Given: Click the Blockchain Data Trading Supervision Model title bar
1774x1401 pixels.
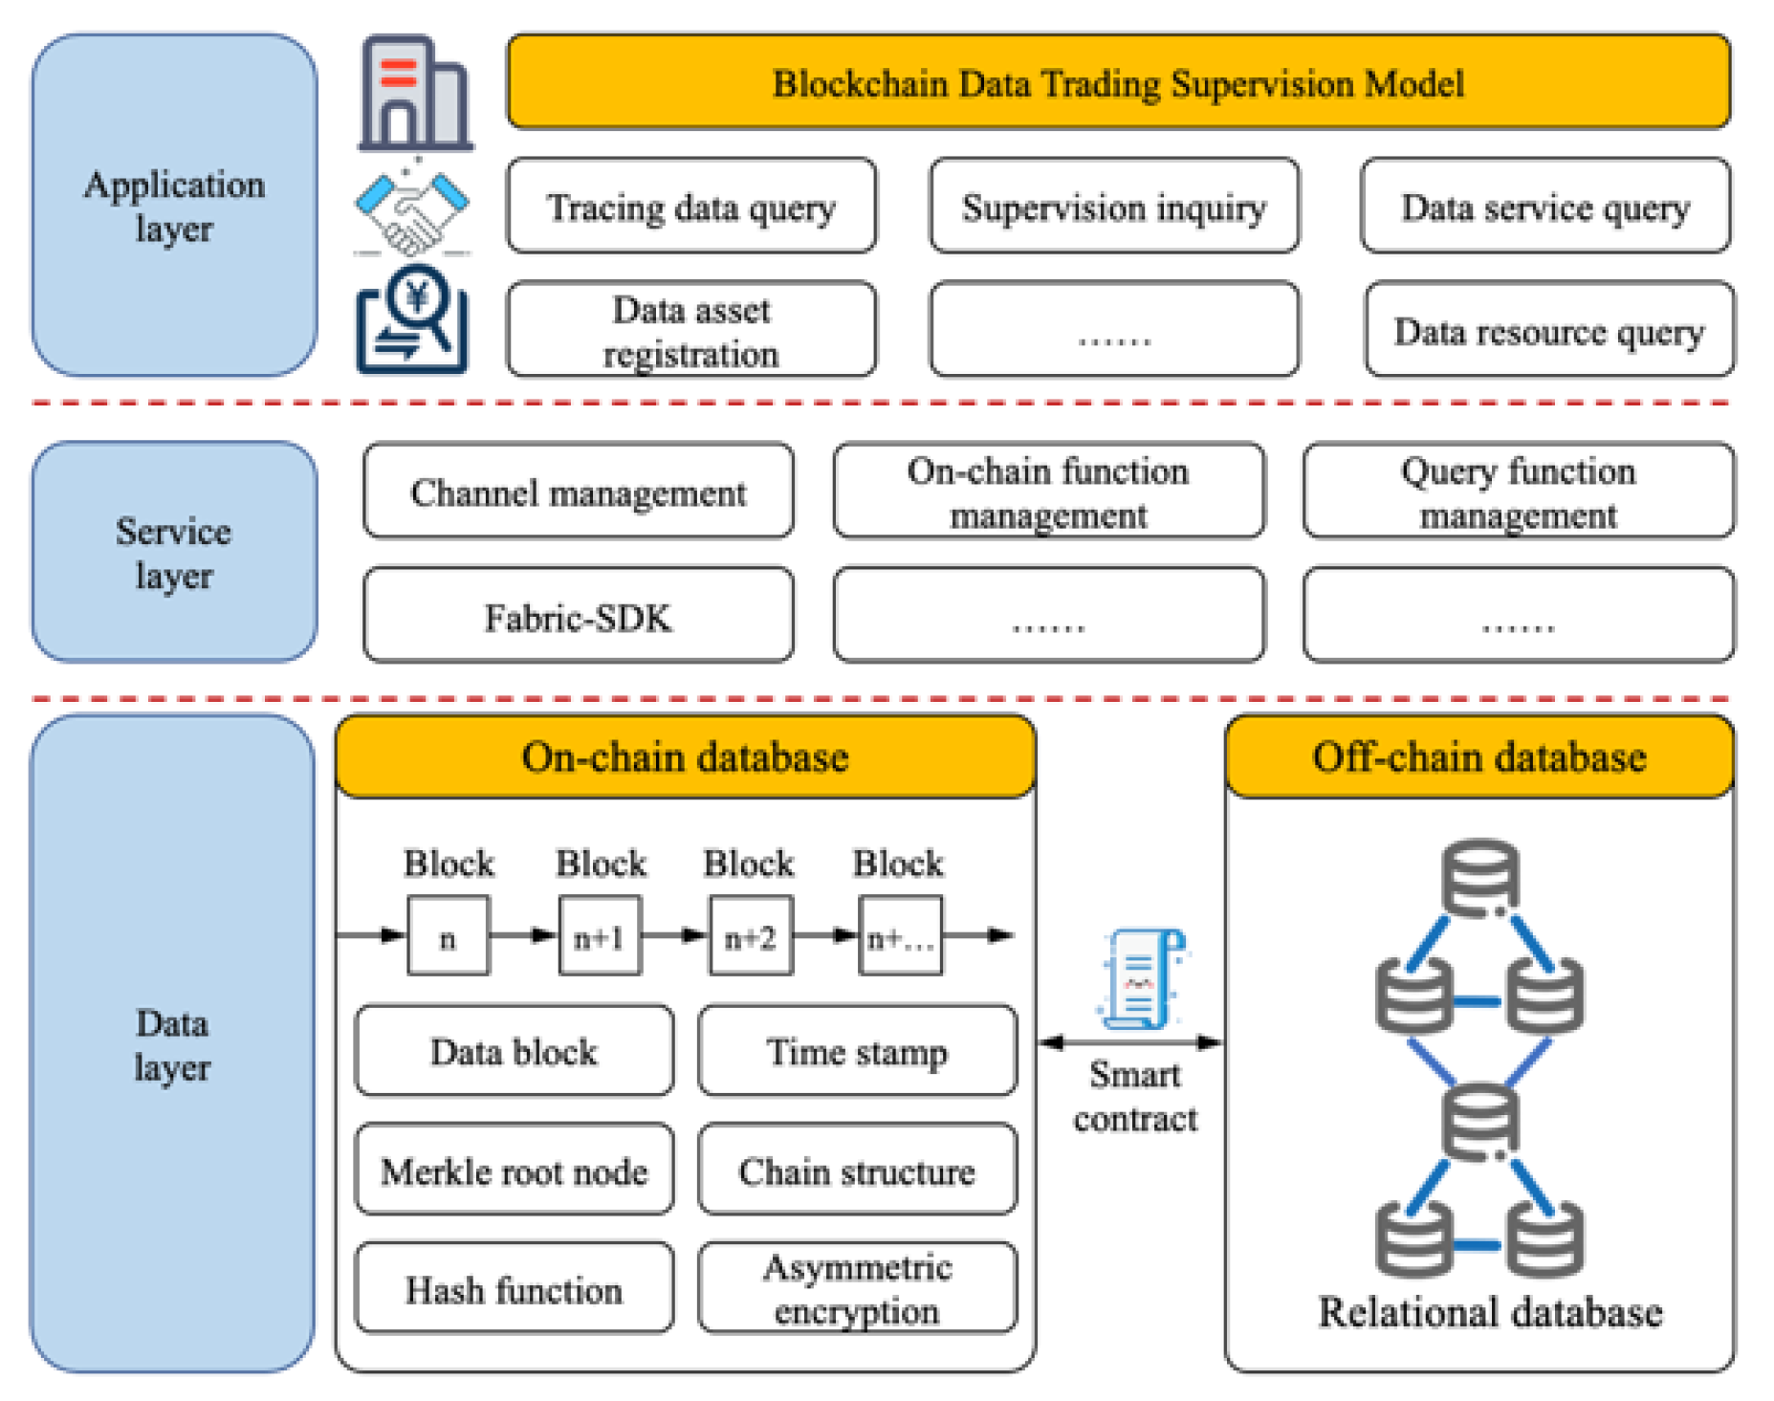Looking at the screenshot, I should (x=1117, y=82).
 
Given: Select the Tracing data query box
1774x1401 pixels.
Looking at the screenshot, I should (x=690, y=207).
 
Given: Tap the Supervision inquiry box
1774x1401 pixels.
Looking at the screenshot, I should (x=1113, y=207).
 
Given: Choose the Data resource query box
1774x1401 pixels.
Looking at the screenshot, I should (x=1548, y=330).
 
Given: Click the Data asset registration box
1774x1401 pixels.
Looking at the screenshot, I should (x=690, y=330).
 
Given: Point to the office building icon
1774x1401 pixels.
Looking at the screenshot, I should (x=414, y=94).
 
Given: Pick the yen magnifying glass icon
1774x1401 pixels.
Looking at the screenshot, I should (x=412, y=321).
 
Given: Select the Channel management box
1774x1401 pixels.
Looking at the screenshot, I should (x=578, y=492).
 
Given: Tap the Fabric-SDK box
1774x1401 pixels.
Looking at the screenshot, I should (x=578, y=616).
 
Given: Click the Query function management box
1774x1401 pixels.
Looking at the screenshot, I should (x=1518, y=492).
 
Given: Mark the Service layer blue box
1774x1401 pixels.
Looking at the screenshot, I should (x=173, y=552).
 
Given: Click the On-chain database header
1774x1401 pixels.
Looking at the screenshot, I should (x=685, y=756).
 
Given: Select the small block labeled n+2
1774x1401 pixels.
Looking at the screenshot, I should (x=750, y=936).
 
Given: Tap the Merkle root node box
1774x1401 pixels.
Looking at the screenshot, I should (x=514, y=1170).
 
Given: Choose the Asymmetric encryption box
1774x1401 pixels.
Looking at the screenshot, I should (x=857, y=1287).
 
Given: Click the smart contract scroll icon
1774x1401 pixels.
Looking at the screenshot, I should (x=1141, y=978).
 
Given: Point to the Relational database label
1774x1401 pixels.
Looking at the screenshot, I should (x=1489, y=1311).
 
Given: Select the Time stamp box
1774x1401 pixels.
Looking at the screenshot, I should (x=857, y=1051).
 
